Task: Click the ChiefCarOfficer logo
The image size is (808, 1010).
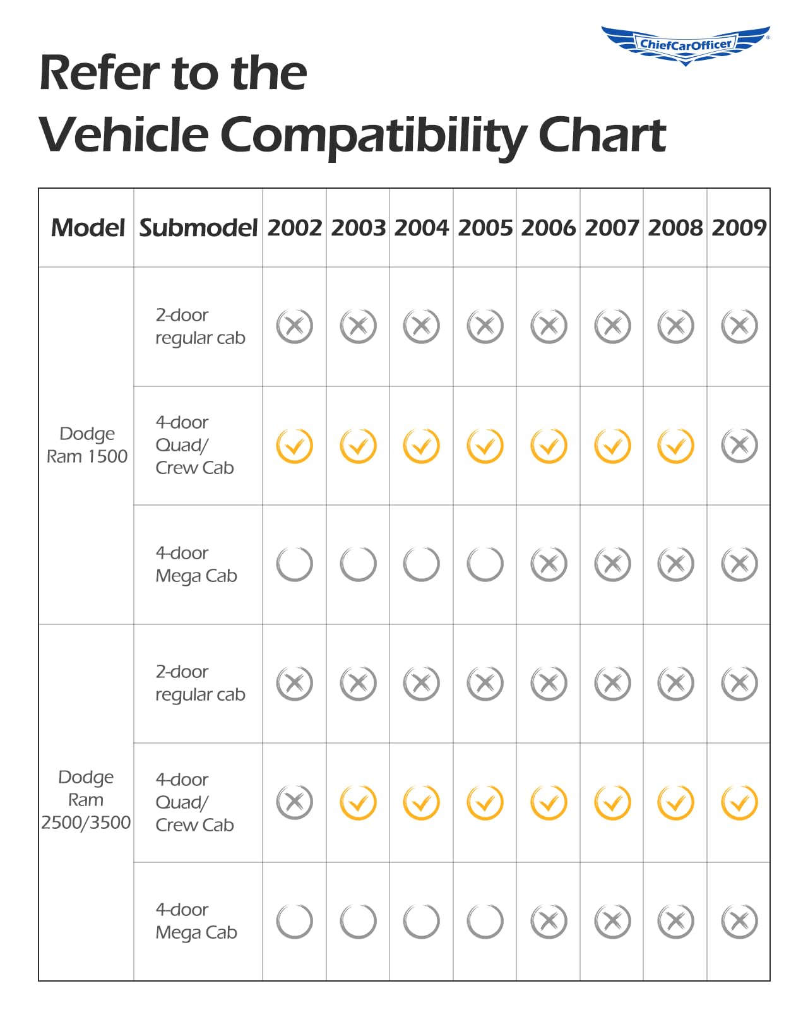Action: point(686,44)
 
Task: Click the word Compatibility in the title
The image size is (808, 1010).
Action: point(373,134)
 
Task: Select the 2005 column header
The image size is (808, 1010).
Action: point(485,228)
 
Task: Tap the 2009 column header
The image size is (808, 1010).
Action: point(739,228)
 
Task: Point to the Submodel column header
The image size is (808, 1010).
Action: point(198,228)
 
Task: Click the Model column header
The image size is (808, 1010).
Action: point(88,228)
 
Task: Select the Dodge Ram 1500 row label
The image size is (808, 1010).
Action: point(87,445)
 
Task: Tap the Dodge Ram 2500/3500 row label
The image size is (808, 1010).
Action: point(86,800)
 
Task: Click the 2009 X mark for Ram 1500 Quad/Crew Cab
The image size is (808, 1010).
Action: point(739,446)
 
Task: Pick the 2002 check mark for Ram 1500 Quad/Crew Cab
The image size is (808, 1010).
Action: point(294,446)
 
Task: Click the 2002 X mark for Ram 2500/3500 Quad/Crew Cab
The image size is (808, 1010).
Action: point(294,802)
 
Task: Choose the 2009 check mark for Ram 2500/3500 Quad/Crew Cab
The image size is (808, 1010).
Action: point(739,802)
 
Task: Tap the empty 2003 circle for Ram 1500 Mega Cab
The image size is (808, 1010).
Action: point(358,564)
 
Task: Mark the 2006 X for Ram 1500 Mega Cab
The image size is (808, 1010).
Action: point(549,564)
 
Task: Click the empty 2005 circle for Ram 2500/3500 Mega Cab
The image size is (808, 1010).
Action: point(485,921)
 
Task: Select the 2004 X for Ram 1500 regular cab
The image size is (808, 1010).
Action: point(421,326)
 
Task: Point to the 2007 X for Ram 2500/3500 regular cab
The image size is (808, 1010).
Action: point(612,683)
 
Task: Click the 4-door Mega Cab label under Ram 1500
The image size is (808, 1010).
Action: point(196,564)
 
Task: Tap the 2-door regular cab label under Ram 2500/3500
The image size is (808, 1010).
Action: point(199,683)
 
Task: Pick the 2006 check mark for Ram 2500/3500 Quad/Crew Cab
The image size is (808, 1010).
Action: point(549,802)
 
